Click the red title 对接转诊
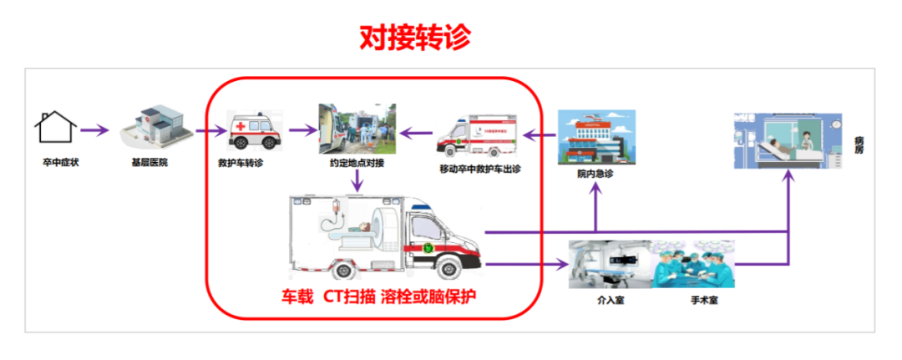coord(415,37)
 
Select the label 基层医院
coord(150,162)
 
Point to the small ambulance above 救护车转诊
coord(252,131)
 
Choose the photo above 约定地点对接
coord(357,129)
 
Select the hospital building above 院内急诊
coord(595,138)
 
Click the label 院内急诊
coord(595,175)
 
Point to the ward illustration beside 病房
coord(788,140)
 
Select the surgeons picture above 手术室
coord(694,264)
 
